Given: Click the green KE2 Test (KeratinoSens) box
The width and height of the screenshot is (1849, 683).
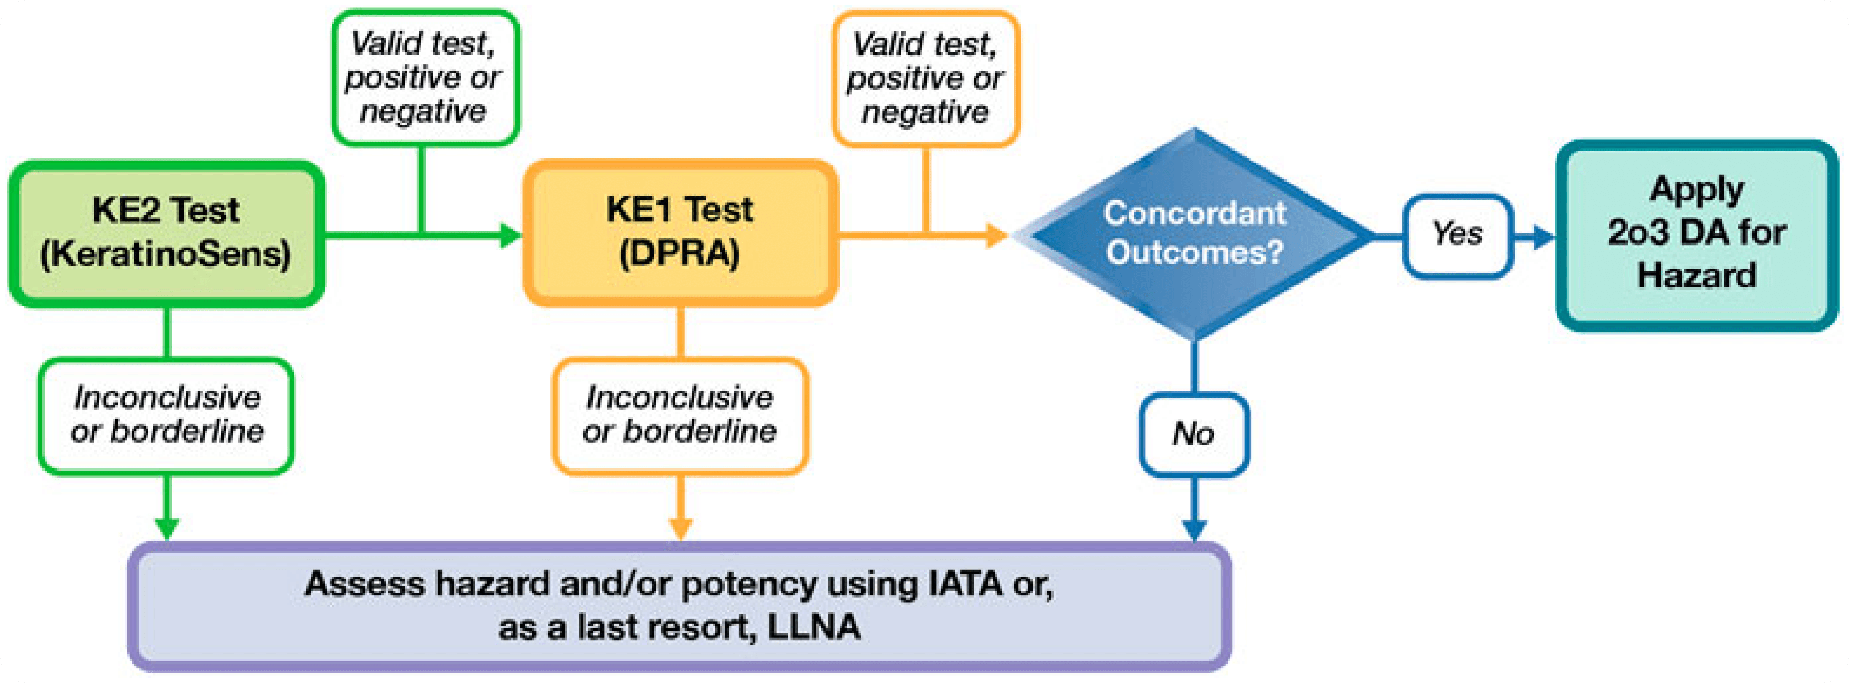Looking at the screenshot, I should (166, 233).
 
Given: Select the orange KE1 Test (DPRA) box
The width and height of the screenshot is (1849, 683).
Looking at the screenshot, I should (680, 233).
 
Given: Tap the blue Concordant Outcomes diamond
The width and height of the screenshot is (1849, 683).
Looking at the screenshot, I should (1194, 233).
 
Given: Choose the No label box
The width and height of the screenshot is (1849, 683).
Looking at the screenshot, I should (1194, 434).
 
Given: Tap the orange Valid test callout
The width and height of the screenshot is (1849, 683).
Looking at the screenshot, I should (925, 78).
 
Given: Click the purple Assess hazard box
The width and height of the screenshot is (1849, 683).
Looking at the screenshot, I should (680, 606).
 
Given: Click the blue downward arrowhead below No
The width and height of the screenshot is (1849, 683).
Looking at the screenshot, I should (1194, 529).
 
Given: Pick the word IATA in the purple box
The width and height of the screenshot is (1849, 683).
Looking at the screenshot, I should (965, 583).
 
